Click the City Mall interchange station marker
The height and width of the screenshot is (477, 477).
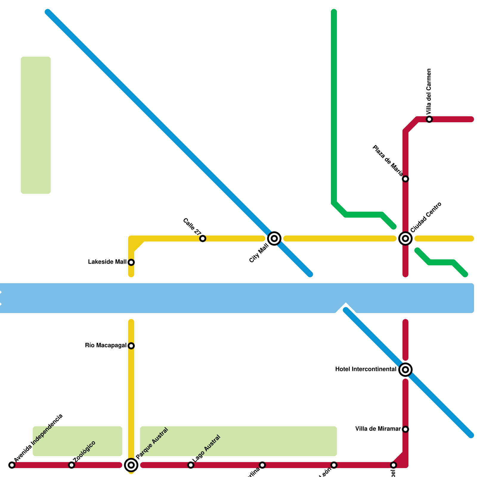pos(274,238)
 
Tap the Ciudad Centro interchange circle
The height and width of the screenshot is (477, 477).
pos(405,238)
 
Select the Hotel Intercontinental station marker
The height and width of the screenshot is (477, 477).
pos(405,370)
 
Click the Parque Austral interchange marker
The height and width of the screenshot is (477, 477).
pos(131,465)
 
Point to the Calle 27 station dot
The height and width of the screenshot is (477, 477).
pos(203,238)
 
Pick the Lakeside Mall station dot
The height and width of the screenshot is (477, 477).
pos(131,262)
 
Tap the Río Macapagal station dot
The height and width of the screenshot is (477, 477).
pos(131,346)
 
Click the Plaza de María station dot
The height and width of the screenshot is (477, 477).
pos(405,179)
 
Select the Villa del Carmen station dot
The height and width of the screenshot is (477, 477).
pos(429,119)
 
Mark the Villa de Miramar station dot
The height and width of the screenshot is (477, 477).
pos(405,429)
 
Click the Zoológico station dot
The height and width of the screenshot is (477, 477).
pos(72,465)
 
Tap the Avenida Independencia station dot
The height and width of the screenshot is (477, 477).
pos(12,465)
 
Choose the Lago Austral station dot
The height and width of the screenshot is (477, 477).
pos(191,465)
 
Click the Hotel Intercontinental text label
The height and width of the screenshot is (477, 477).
pos(366,369)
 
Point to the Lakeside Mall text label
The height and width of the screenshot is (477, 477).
pos(107,262)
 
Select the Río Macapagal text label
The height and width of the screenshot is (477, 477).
pos(106,346)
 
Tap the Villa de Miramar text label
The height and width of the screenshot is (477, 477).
pos(378,429)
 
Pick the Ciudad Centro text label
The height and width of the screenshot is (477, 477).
pos(426,217)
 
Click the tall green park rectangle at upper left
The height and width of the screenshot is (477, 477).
pos(36,125)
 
